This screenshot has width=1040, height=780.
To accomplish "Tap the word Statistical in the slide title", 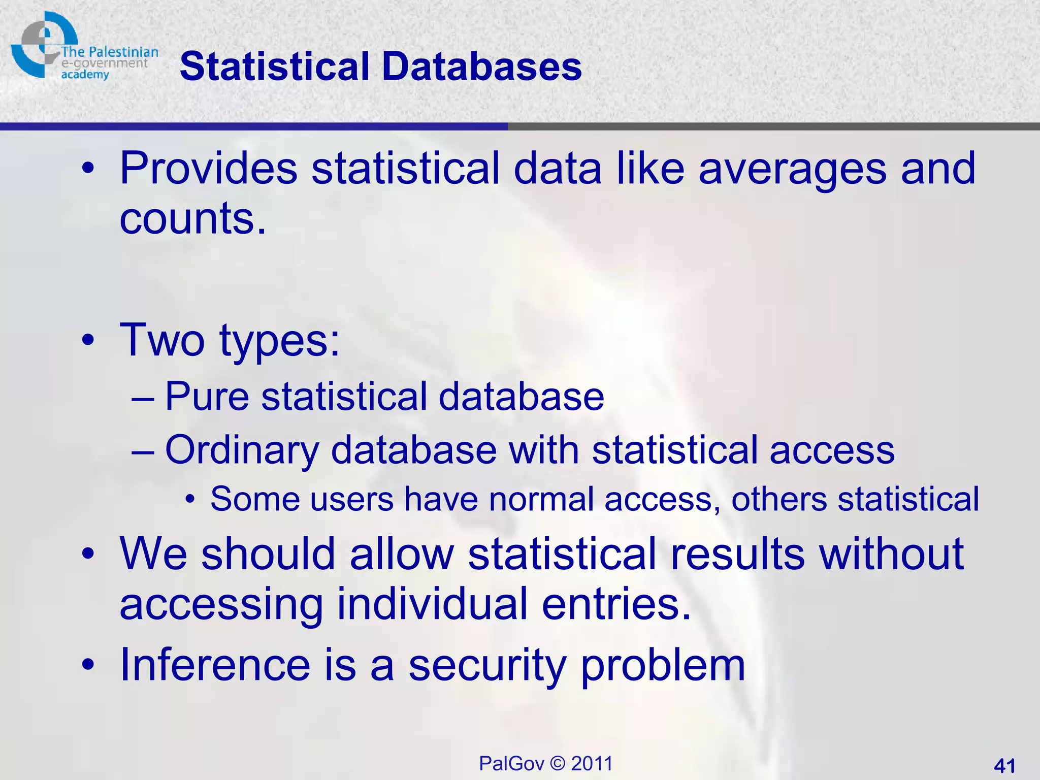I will [274, 67].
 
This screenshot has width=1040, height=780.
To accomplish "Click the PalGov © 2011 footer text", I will [545, 763].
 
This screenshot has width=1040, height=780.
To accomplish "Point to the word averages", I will [792, 169].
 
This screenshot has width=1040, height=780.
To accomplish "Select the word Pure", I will [207, 397].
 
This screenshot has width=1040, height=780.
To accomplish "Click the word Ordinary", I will [242, 450].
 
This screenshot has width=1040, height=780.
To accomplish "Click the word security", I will [487, 666].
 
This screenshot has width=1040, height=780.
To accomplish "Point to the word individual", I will [432, 604].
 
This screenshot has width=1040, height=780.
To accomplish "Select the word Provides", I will [208, 169].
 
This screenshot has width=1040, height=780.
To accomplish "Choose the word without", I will [891, 554].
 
